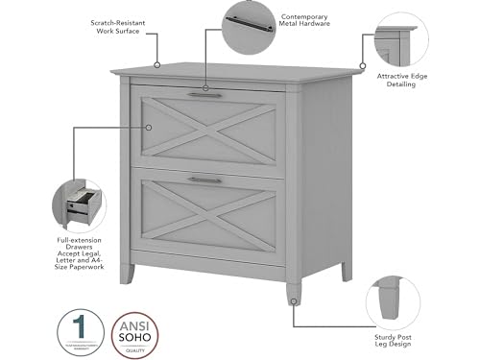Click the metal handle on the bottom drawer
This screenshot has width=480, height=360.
(x=204, y=180)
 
